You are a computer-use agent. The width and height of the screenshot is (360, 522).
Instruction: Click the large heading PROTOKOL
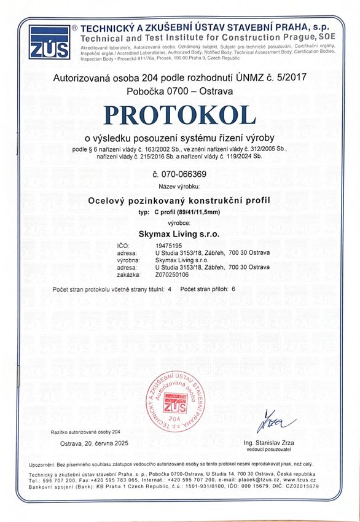tap(179, 115)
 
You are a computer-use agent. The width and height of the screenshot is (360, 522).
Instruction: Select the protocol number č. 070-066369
tap(179, 173)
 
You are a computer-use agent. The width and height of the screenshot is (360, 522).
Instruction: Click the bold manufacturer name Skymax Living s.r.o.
tap(179, 234)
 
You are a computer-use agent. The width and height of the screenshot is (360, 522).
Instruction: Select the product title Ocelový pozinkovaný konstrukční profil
tap(179, 201)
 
